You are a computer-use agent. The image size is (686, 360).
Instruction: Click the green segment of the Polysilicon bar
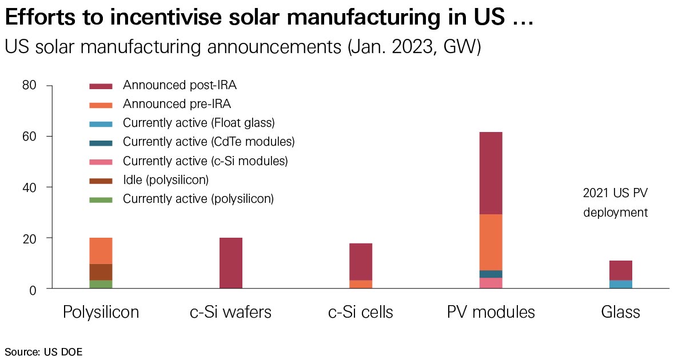pyautogui.click(x=101, y=284)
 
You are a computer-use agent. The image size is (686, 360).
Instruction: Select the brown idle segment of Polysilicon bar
pyautogui.click(x=101, y=272)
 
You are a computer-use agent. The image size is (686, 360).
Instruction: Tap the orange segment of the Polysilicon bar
pyautogui.click(x=101, y=251)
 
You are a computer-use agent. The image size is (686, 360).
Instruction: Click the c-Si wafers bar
pyautogui.click(x=231, y=263)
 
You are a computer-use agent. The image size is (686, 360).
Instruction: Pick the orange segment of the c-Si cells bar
pyautogui.click(x=361, y=284)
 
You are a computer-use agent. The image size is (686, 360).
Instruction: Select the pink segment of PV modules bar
pyautogui.click(x=490, y=283)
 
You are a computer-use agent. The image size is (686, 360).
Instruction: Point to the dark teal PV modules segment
pyautogui.click(x=490, y=274)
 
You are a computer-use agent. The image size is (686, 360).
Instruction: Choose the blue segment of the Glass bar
pyautogui.click(x=620, y=284)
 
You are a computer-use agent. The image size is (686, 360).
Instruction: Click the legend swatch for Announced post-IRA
pyautogui.click(x=101, y=86)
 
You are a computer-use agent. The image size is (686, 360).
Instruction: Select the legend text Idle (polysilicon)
pyautogui.click(x=166, y=180)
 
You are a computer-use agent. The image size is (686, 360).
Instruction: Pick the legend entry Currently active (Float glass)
pyautogui.click(x=199, y=123)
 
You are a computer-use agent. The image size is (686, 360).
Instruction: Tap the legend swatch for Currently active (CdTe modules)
pyautogui.click(x=101, y=142)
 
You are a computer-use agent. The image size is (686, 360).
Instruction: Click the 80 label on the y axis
pyautogui.click(x=30, y=86)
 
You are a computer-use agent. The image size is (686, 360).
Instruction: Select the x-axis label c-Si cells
pyautogui.click(x=360, y=312)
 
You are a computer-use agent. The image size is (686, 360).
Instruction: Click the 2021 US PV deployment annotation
pyautogui.click(x=615, y=203)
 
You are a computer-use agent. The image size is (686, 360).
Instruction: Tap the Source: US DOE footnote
pyautogui.click(x=43, y=351)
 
